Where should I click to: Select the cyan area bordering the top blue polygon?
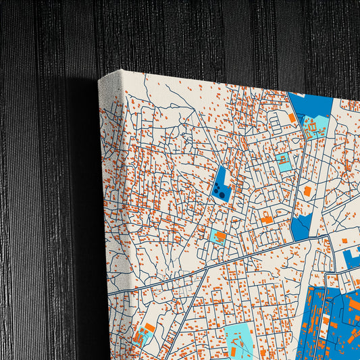pyautogui.click(x=315, y=127)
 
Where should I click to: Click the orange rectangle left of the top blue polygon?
pyautogui.click(x=292, y=118)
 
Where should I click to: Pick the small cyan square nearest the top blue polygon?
pyautogui.click(x=284, y=161)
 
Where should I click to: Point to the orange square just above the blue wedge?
pyautogui.click(x=307, y=191)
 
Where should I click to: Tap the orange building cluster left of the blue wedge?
pyautogui.click(x=267, y=219)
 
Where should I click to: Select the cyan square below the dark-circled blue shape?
pyautogui.click(x=219, y=236)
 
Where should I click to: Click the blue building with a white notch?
pyautogui.click(x=351, y=257)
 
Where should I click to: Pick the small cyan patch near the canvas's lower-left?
pyautogui.click(x=142, y=335)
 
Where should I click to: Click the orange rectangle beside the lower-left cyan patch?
pyautogui.click(x=150, y=328)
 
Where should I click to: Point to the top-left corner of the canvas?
pyautogui.click(x=100, y=80)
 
